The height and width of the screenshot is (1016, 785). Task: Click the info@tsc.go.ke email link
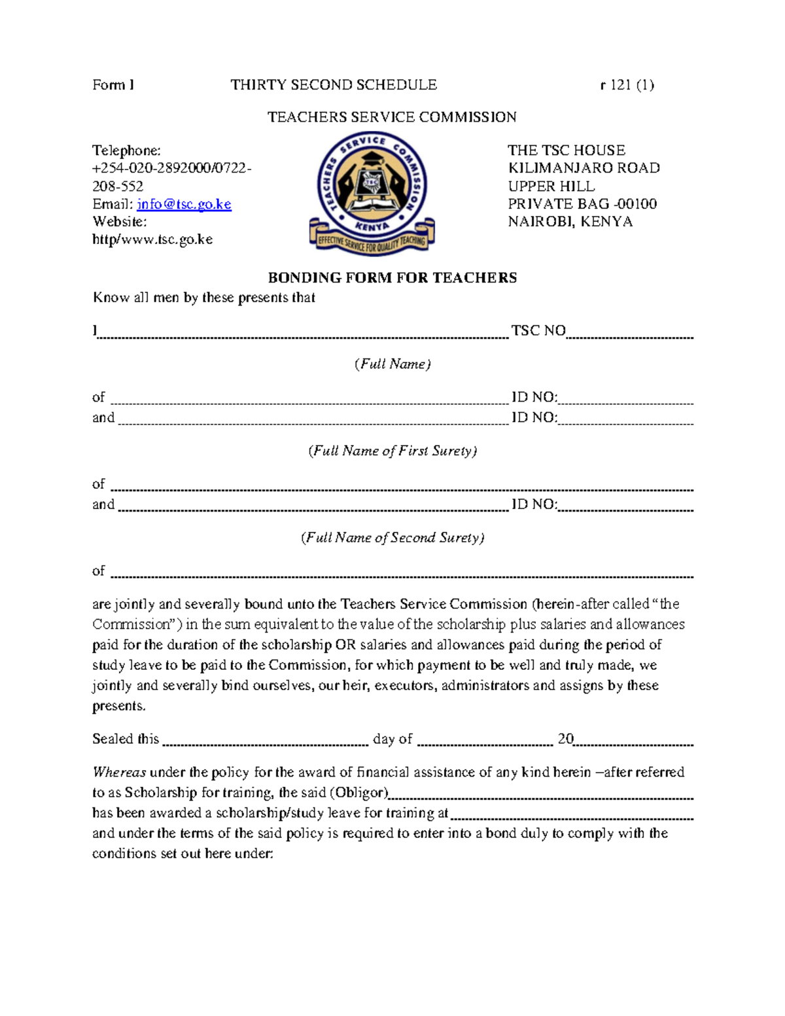coord(184,204)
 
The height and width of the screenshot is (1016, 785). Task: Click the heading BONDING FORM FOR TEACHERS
coord(392,278)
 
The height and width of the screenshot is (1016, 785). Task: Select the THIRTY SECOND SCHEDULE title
coord(334,85)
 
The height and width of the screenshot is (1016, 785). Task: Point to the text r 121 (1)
coord(627,85)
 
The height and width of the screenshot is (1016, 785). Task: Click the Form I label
coord(113,85)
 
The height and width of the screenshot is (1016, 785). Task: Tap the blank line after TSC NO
coord(629,335)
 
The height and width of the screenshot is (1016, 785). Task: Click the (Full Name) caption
coord(392,364)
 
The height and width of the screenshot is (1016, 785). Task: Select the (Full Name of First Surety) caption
coord(392,451)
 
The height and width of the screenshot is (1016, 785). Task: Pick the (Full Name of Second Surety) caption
coord(392,538)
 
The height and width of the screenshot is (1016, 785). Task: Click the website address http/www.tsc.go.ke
coord(152,239)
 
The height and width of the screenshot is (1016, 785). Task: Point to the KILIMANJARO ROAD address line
coord(584,168)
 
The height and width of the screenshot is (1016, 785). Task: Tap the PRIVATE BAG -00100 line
coord(582,204)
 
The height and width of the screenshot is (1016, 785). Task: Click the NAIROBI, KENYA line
coord(570,222)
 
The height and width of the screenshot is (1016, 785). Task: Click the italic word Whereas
coord(119,773)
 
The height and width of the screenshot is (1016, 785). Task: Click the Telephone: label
coord(126,150)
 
